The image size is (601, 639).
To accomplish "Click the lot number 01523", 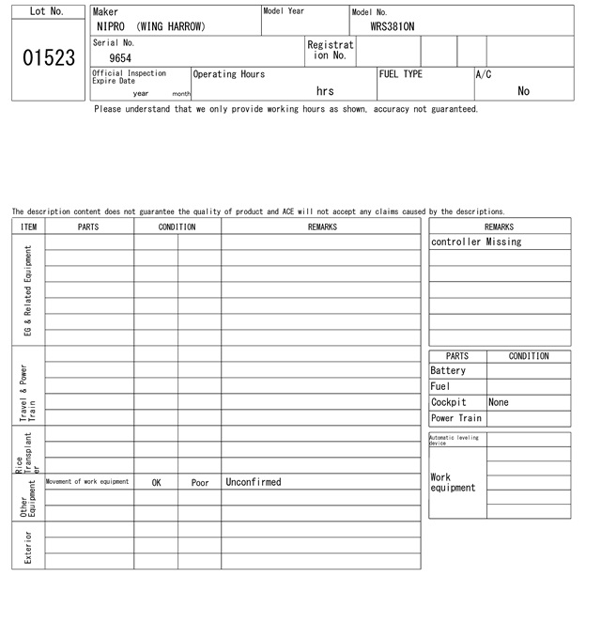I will point(49,58).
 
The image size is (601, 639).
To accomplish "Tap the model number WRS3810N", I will point(392,27).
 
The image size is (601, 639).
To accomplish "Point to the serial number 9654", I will point(120,58).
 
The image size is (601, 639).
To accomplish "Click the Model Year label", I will point(284,11).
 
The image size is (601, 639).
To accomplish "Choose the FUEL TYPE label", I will point(401,74).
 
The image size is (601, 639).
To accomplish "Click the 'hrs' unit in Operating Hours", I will point(325,91).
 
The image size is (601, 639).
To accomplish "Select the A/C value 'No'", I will point(523,91).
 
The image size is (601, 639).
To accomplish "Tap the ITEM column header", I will point(28,226).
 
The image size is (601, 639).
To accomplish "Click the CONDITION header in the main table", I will point(177,226).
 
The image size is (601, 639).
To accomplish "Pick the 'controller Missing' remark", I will point(476,242).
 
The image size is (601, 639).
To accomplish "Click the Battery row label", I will point(448,371).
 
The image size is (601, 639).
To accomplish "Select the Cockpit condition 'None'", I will point(499,402).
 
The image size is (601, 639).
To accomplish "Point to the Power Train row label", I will point(456,418).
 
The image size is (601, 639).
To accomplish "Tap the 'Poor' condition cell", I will point(200,482).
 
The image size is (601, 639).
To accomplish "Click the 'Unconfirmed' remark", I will point(254,482).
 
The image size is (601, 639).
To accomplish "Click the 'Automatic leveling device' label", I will point(455,440).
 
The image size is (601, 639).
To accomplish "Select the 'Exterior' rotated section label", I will point(28,546).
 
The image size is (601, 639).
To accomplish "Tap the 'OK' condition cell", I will point(156,482).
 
